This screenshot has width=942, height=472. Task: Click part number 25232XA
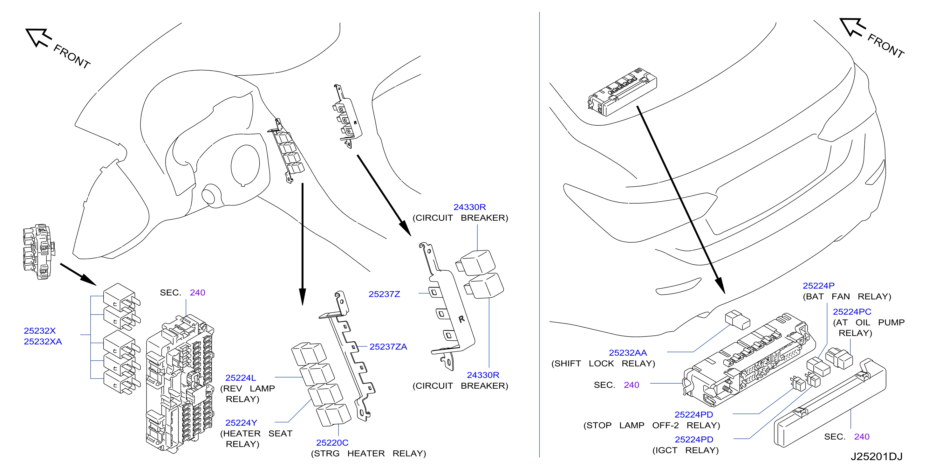tap(43, 341)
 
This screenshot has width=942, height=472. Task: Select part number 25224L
tap(241, 378)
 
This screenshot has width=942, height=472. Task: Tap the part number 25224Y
tap(241, 423)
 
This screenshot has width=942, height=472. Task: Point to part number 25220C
tap(332, 443)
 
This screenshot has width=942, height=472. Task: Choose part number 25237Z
tap(384, 294)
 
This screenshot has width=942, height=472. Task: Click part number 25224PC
tap(852, 312)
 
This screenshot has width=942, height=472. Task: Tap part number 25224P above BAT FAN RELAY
tap(818, 286)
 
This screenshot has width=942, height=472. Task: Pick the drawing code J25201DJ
tap(876, 457)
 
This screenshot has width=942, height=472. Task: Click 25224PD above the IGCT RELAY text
tap(694, 440)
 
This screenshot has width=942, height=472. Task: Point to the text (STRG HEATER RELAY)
tap(368, 454)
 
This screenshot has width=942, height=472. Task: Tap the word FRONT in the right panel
tap(886, 46)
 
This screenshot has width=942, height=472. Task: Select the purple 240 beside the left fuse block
tap(197, 293)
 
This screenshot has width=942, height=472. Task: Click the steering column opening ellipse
tap(245, 165)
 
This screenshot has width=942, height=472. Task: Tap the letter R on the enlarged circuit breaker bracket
tap(461, 319)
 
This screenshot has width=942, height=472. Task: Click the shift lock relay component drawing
tap(738, 320)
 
